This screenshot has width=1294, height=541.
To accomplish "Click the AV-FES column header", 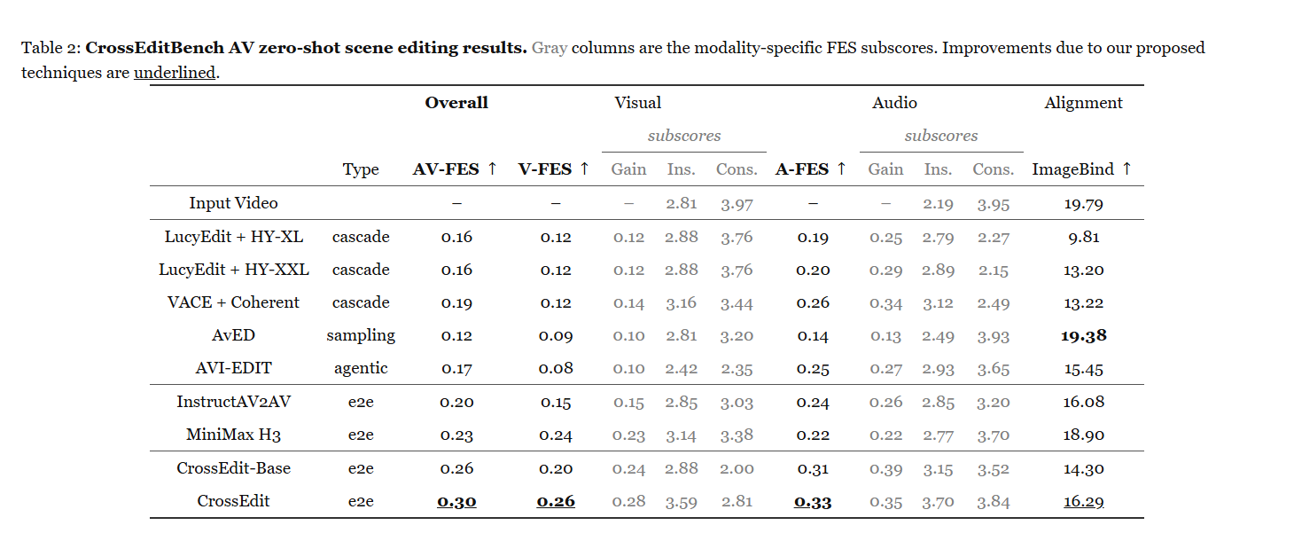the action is (x=455, y=169).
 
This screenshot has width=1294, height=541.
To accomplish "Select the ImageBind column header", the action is (x=1082, y=169).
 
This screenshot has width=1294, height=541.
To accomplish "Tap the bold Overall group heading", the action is (x=456, y=103).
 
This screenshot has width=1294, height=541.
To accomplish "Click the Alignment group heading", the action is (x=1083, y=104).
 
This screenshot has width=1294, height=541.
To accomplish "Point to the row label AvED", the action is (x=233, y=335).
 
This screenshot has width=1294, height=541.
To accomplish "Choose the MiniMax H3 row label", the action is (x=233, y=435).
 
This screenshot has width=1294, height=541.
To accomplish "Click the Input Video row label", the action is (x=233, y=203).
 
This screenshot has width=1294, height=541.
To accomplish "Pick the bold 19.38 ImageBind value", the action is (x=1084, y=336).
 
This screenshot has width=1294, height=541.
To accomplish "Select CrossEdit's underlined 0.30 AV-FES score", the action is (x=456, y=501).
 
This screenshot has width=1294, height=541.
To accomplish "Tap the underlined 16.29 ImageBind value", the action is (x=1084, y=501).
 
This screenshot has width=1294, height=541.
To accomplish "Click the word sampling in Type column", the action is (x=361, y=336).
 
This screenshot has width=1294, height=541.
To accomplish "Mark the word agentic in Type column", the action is (x=361, y=369).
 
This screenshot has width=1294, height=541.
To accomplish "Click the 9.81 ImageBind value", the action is (x=1084, y=237).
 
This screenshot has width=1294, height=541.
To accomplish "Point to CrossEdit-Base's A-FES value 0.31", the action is (x=813, y=468).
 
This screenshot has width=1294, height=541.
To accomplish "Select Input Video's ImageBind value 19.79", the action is (x=1084, y=204).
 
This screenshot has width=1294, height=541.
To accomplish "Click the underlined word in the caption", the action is (x=175, y=73).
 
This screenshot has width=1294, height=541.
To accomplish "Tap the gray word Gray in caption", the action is (x=550, y=48).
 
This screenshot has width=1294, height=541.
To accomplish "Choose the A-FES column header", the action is (x=810, y=169).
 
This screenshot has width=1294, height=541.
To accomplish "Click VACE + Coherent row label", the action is (x=233, y=302).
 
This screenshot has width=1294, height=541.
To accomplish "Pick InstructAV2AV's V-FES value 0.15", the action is (x=556, y=403).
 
